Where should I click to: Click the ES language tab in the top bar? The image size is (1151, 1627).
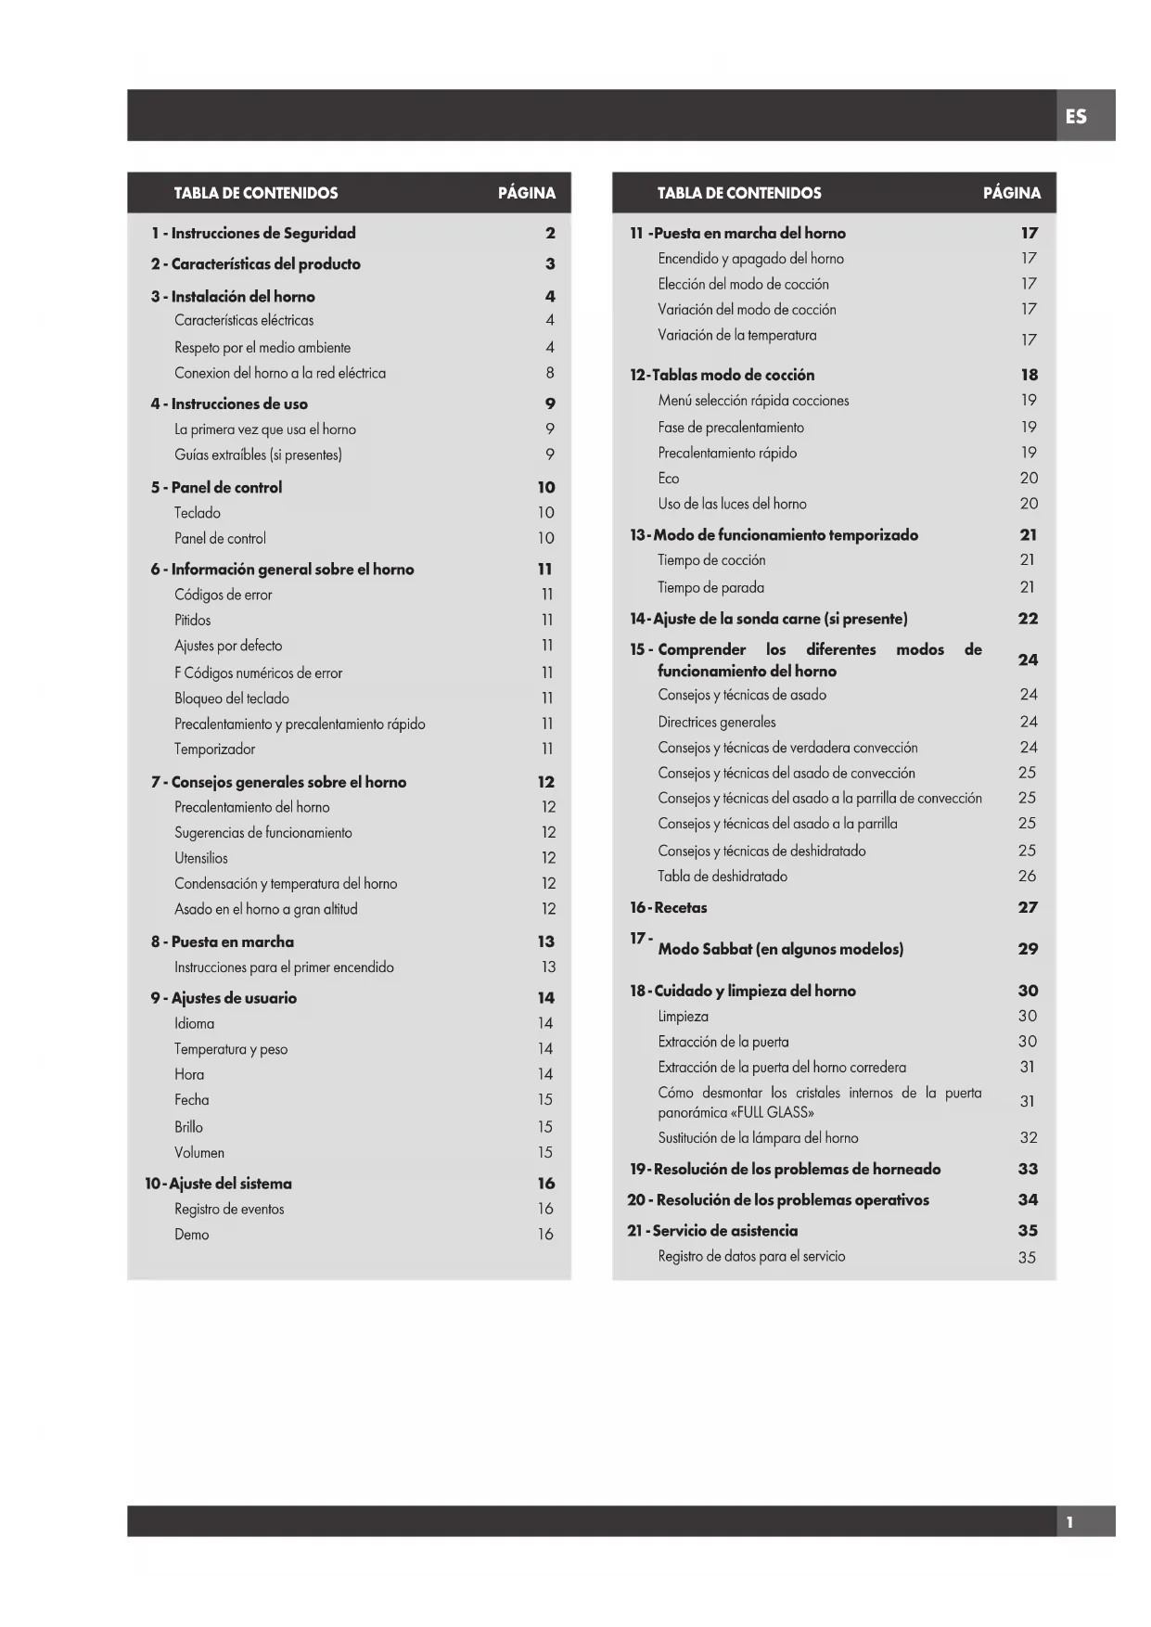(1076, 117)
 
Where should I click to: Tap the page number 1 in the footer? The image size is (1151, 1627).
(1069, 1522)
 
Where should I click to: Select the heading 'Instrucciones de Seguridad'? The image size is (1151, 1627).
(263, 234)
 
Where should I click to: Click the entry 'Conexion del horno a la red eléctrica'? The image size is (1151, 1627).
(280, 373)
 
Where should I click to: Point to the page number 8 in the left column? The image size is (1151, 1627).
(550, 373)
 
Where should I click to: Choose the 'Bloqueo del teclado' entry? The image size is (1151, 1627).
(232, 698)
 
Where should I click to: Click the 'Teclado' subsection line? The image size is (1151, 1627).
(198, 513)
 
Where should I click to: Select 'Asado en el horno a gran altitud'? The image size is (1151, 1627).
(266, 909)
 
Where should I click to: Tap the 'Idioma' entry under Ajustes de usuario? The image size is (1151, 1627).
(195, 1024)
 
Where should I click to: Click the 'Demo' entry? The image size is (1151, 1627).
(192, 1235)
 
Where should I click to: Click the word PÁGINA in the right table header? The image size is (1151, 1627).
(1012, 193)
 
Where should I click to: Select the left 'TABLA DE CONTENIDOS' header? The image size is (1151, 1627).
(256, 193)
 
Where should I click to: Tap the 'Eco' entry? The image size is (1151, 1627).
(669, 479)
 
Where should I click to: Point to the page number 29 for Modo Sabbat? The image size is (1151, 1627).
(1028, 949)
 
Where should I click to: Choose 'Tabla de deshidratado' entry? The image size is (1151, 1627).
(723, 877)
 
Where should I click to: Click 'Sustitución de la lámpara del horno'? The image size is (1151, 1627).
(758, 1138)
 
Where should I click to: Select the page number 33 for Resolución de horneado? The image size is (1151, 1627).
(1028, 1170)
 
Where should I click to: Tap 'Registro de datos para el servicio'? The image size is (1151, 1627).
(751, 1257)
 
